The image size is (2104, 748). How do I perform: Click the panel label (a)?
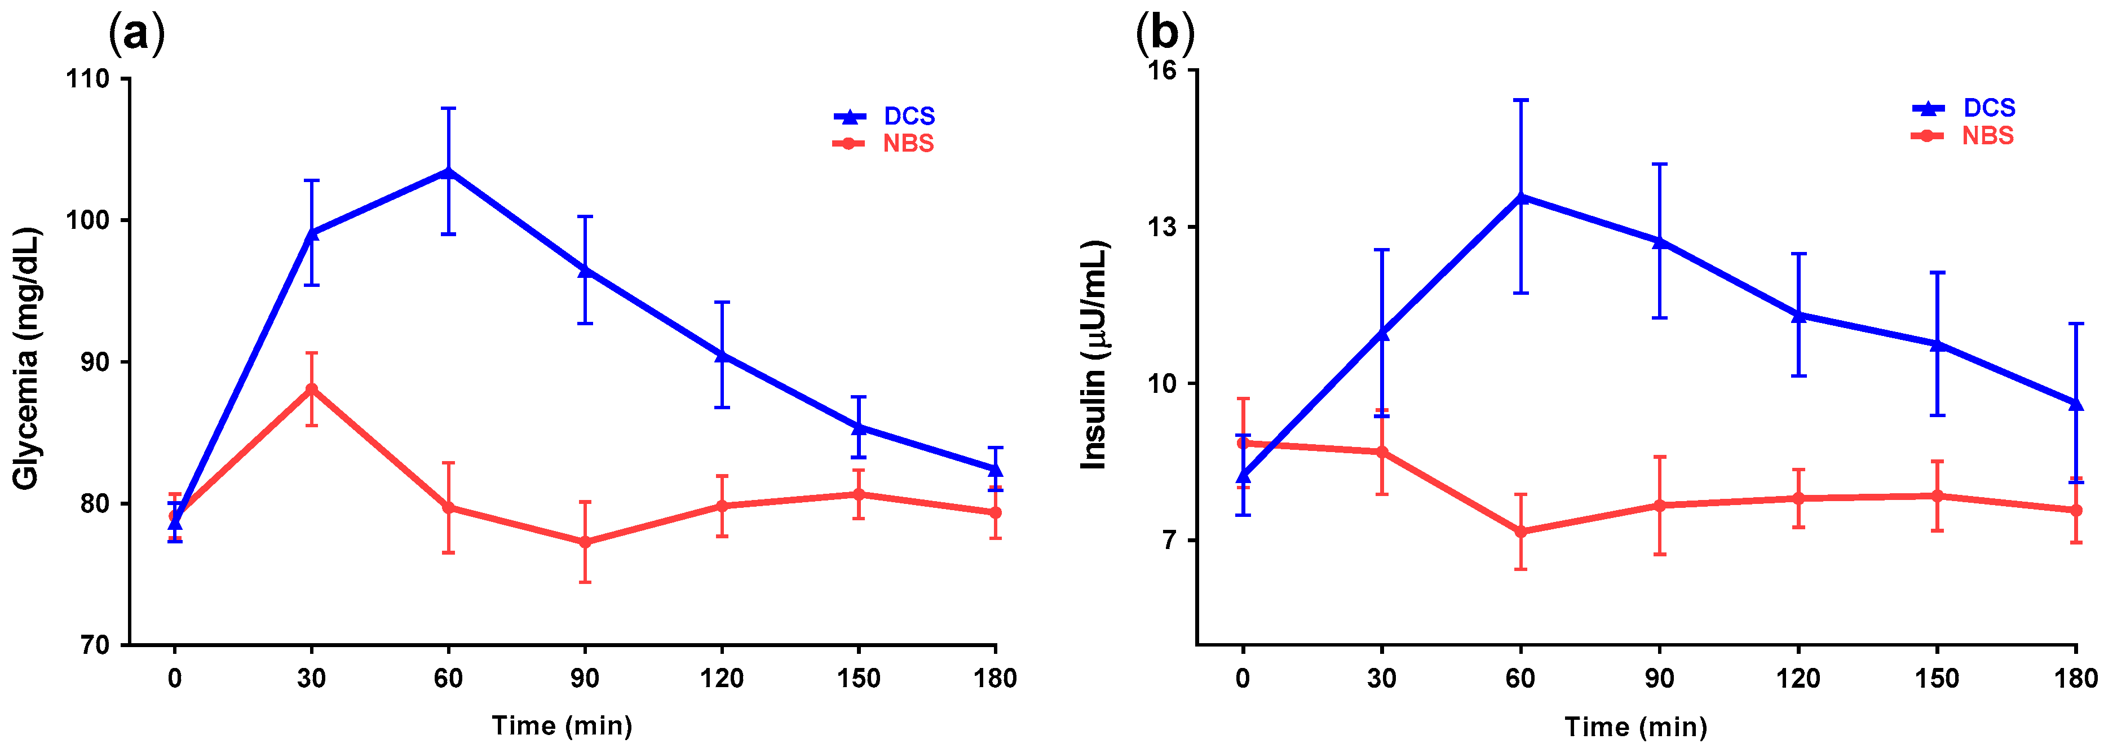(136, 35)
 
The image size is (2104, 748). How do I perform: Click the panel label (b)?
(1165, 35)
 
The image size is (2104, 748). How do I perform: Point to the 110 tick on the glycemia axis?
(90, 79)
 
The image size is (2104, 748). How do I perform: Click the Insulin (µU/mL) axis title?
(1094, 355)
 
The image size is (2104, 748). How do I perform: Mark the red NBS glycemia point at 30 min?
(311, 389)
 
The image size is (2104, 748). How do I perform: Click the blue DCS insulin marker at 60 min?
(1521, 197)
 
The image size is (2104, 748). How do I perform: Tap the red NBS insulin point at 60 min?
(1521, 532)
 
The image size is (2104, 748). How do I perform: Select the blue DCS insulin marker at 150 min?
(1937, 344)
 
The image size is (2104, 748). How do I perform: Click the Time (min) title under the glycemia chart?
(562, 725)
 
